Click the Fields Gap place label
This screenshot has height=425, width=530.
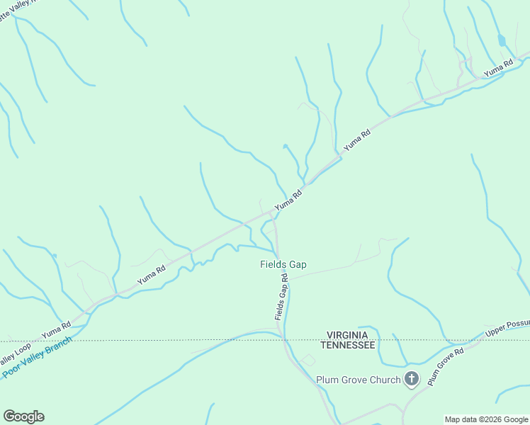[x=283, y=265]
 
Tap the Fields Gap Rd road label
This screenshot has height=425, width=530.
[x=281, y=297]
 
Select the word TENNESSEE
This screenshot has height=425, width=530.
[x=347, y=345]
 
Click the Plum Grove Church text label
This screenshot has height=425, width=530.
[x=358, y=380]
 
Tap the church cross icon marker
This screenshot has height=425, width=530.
[x=412, y=379]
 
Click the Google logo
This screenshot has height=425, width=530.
[x=23, y=416]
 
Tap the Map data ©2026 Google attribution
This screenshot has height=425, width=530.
[x=486, y=419]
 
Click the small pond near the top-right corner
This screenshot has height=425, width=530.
[x=502, y=40]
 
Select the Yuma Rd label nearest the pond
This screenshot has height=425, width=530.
[x=498, y=68]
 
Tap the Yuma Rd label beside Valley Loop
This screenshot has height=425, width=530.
[x=57, y=329]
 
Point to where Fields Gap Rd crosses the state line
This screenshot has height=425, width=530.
[x=284, y=340]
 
